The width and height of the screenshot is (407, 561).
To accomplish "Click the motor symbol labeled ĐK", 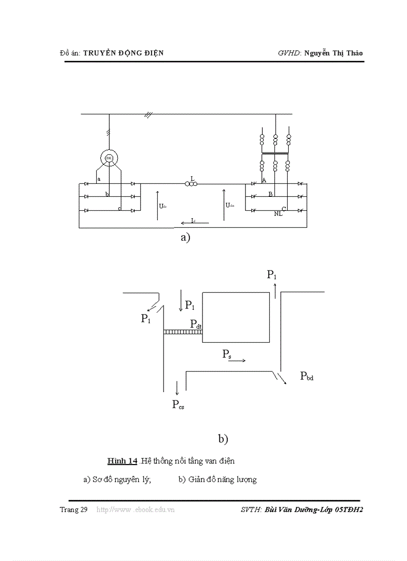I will [109, 158].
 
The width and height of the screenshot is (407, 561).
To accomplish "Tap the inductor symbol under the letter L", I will [191, 184].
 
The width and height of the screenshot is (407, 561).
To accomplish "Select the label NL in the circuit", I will [278, 214].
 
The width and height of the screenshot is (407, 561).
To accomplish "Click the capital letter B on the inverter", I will [270, 194].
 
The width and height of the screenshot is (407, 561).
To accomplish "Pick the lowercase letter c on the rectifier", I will [119, 208].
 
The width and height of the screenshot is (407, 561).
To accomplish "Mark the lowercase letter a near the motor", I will [99, 179].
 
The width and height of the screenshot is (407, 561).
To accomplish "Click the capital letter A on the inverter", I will [264, 180].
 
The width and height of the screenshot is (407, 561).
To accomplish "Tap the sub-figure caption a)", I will [186, 238].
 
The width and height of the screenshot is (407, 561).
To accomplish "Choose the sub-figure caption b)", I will [223, 439].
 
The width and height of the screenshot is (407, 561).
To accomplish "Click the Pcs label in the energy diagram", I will [178, 405].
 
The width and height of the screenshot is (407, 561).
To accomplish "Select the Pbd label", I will [307, 376].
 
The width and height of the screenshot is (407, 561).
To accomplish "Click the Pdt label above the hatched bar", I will [196, 324].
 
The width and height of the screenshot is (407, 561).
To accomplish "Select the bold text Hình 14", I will [122, 461].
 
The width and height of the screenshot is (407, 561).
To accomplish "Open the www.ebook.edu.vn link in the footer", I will [135, 510].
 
